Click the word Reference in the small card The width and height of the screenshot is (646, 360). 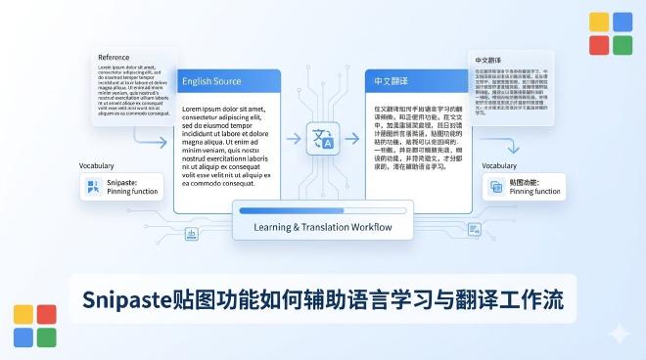114,58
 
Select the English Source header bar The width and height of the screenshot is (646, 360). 226,81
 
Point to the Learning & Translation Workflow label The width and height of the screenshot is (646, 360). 322,227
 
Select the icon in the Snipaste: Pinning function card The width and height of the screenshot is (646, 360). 94,187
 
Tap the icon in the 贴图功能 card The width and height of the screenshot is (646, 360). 496,187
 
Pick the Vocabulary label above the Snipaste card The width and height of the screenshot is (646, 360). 98,165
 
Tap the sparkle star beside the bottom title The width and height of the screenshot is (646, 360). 619,333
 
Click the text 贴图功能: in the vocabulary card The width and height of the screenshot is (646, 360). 528,182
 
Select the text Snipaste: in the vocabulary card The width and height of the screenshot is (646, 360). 126,182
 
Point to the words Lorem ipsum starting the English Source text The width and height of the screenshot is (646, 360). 206,109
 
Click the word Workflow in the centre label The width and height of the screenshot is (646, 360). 368,227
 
